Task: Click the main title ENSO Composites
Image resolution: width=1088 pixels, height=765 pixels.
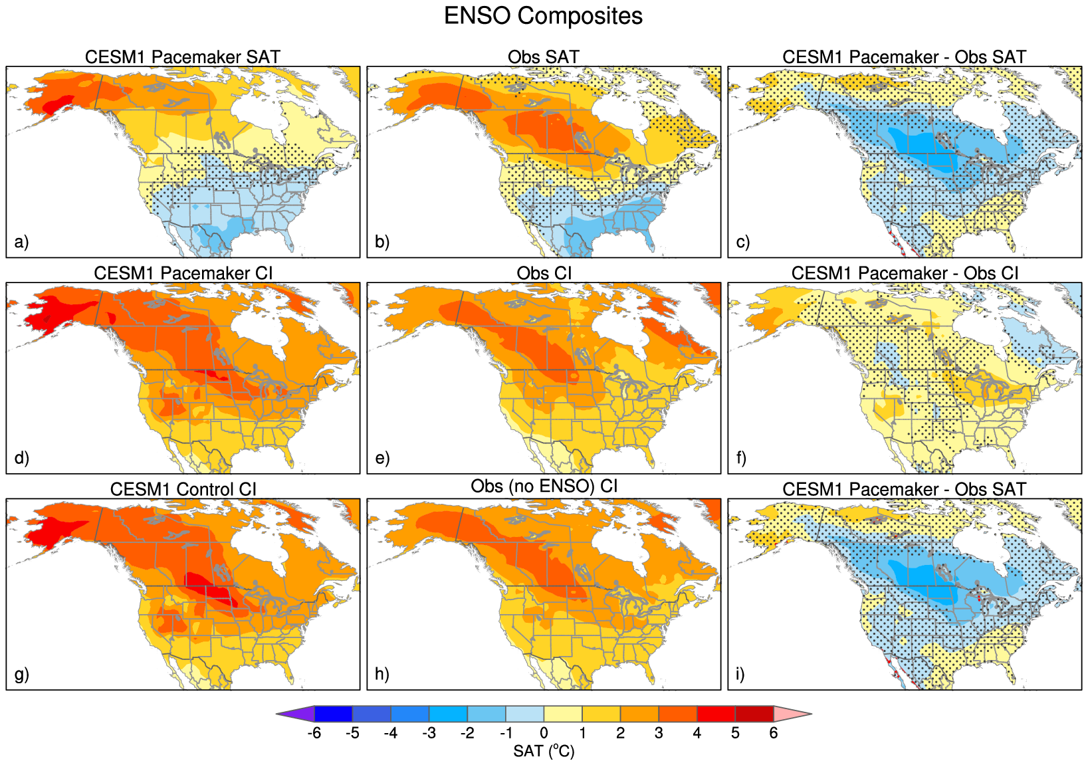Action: click(543, 16)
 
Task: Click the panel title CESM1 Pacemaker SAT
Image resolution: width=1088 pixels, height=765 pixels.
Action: click(182, 57)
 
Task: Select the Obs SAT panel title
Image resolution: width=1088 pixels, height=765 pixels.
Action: click(543, 57)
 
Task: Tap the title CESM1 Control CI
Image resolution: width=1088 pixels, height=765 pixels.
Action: click(183, 489)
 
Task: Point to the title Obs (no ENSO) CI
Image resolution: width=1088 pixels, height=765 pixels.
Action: click(544, 487)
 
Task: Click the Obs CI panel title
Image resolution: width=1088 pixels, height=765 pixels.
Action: click(544, 273)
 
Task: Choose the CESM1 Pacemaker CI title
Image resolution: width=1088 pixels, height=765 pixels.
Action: click(183, 273)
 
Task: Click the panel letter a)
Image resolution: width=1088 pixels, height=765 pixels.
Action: click(21, 241)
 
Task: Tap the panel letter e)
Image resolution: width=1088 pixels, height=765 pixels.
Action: click(382, 458)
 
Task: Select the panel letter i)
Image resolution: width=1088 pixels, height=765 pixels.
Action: click(740, 674)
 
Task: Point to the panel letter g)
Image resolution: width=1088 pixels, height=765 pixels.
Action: click(21, 674)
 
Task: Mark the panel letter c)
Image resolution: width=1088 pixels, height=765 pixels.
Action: click(743, 241)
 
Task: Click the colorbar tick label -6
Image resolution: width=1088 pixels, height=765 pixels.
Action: click(314, 733)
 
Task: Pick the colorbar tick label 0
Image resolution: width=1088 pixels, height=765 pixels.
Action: click(544, 733)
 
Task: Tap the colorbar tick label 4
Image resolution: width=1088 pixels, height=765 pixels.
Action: click(697, 733)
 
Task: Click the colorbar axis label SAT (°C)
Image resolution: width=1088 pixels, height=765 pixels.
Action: click(544, 751)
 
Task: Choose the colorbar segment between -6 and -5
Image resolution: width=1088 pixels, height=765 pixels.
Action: click(333, 714)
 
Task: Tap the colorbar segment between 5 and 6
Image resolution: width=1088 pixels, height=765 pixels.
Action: click(754, 714)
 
